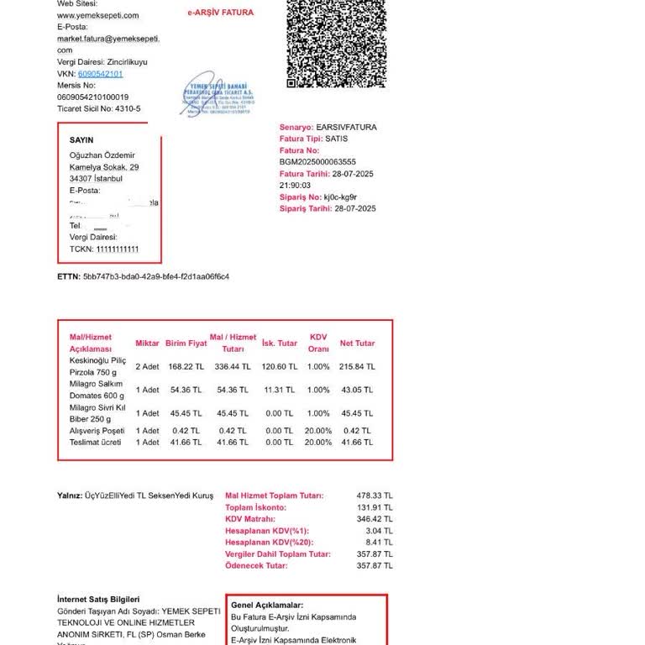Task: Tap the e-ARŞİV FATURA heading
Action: point(220,13)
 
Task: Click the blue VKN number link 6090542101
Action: point(106,74)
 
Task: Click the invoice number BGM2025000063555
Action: point(317,162)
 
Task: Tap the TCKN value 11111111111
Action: point(117,249)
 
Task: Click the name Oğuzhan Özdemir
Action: point(102,155)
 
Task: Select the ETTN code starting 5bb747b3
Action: point(155,276)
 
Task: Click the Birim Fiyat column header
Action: point(186,343)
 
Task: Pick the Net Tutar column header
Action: point(357,343)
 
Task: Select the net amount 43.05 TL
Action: point(357,391)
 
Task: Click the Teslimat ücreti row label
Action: point(95,443)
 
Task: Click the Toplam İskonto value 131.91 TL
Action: point(375,508)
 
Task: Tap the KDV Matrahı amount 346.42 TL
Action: point(375,520)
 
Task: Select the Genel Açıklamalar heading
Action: point(266,606)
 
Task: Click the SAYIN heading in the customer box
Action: point(81,140)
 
